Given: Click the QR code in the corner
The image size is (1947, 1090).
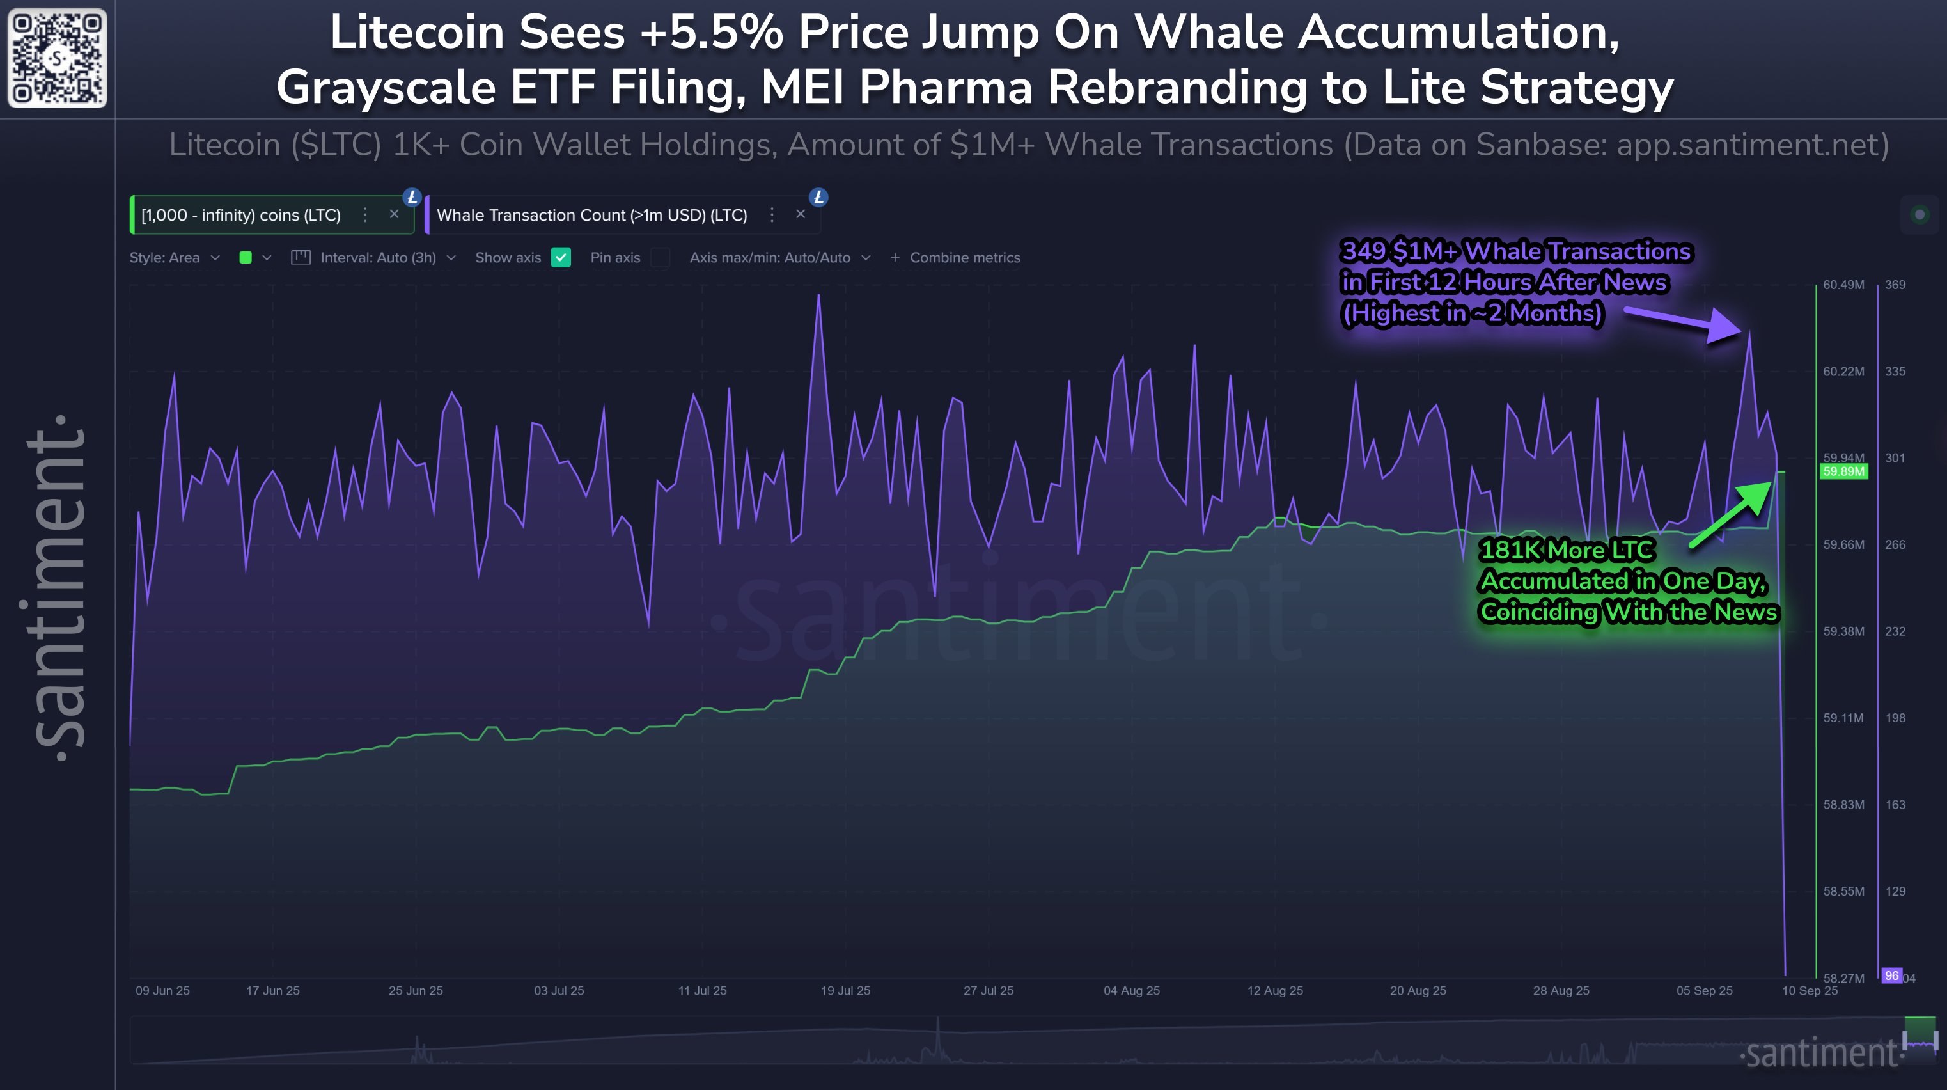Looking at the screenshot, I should (57, 58).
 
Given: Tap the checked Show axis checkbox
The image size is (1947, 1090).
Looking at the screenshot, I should (561, 258).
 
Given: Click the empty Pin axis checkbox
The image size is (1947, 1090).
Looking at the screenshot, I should (660, 258).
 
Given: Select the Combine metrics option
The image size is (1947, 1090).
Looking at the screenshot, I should (956, 258).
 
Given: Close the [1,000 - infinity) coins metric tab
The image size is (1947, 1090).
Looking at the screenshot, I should (394, 215).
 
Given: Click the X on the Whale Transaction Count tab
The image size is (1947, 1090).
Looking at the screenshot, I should (801, 215).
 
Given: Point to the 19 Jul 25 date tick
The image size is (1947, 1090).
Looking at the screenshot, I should (845, 990).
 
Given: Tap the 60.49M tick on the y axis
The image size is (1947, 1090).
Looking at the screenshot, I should (1843, 285).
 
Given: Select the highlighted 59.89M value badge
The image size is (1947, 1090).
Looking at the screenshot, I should (1843, 471).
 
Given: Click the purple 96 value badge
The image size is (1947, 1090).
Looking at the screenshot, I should (1891, 976).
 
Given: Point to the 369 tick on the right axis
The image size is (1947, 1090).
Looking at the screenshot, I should (1894, 285).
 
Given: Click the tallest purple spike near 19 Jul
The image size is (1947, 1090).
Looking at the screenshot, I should (818, 297).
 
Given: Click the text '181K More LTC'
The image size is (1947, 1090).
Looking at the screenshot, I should (1567, 549).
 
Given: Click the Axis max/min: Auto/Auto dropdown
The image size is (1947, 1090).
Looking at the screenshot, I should (779, 258).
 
